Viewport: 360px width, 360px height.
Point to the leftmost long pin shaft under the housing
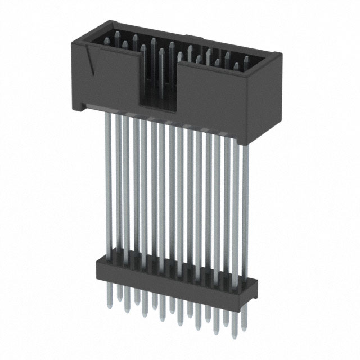pos(107,180)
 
